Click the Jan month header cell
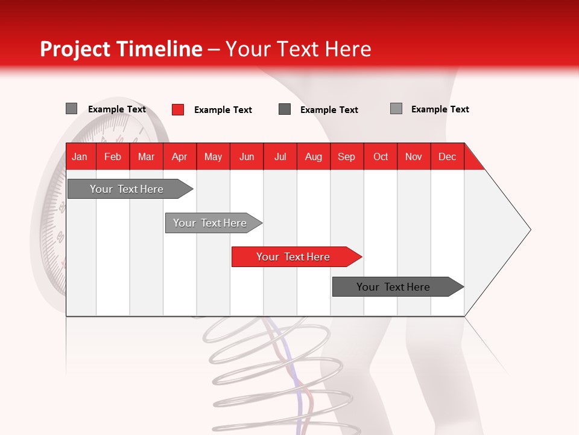(x=80, y=156)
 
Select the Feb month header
(x=113, y=156)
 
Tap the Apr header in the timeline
(x=179, y=156)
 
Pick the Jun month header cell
(x=247, y=156)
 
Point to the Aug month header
(x=313, y=156)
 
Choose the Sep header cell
(x=346, y=156)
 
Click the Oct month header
(x=380, y=156)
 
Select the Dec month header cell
(x=447, y=156)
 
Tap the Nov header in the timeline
(x=414, y=156)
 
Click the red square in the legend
(x=178, y=109)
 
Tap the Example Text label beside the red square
(x=223, y=110)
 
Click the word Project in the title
(x=75, y=49)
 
